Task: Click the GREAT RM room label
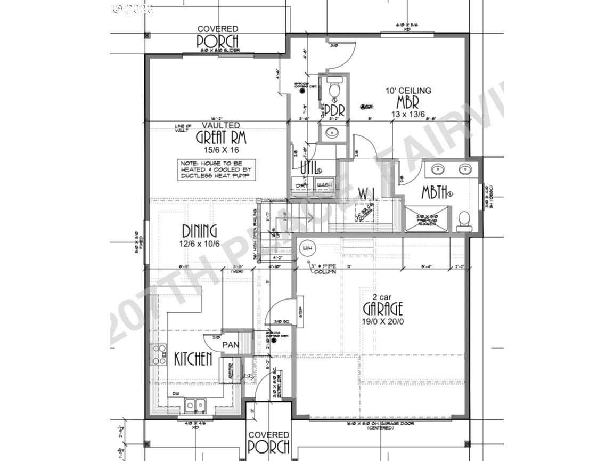217,138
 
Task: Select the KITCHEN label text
193,359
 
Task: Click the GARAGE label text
383,308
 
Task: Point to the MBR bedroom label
408,101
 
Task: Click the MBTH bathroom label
435,192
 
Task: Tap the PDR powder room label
335,110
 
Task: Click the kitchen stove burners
159,354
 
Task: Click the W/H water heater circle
307,248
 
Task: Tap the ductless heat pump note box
216,169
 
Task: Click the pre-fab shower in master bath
423,218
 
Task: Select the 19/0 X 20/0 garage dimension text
383,321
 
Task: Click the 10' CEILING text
408,91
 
